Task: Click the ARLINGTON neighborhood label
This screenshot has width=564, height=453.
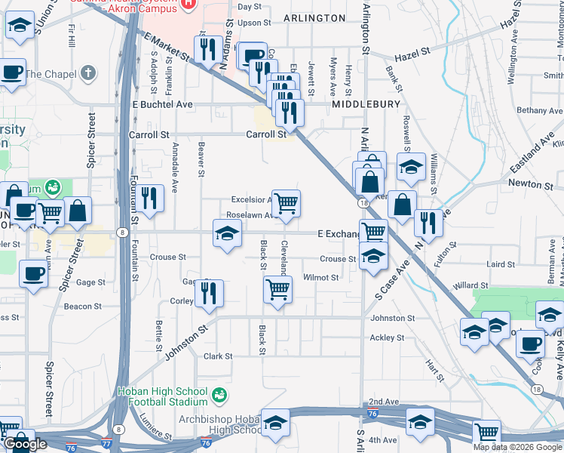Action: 314,17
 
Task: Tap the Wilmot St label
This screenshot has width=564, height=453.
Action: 320,278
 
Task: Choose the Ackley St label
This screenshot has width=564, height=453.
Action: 388,337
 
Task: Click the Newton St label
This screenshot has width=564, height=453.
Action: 526,183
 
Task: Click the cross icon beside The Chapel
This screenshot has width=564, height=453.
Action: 88,73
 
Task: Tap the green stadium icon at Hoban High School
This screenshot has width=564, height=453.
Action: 219,393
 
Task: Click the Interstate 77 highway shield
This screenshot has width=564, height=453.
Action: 111,447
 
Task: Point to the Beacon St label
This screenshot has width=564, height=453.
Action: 83,307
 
